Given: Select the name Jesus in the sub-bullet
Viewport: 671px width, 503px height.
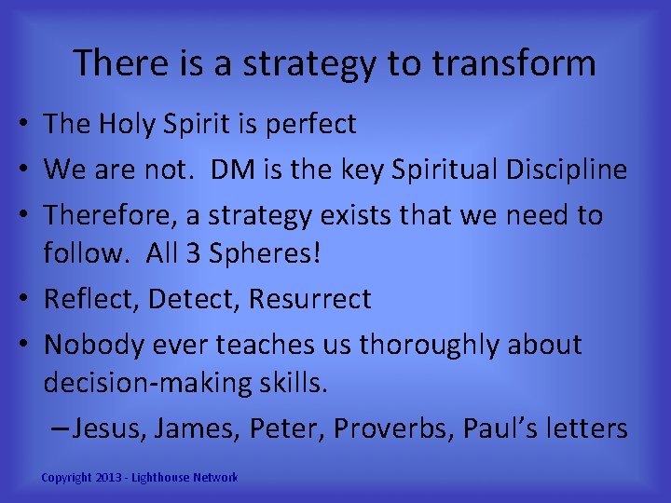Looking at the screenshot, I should coord(109,428).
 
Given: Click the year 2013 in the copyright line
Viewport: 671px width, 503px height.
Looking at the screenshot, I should coord(110,478).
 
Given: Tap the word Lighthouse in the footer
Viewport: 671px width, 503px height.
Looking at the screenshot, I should coord(165,478).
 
